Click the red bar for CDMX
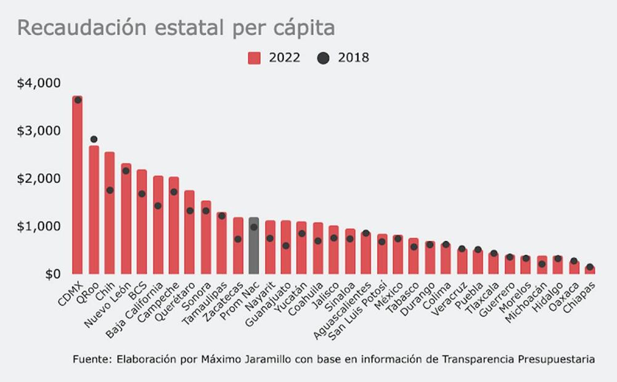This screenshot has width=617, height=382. point(77,185)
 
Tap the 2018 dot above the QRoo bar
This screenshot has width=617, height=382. point(94,139)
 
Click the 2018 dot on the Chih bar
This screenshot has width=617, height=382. point(110,190)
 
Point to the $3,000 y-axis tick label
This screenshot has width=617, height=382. point(38,131)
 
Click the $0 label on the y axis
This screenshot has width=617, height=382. point(52,274)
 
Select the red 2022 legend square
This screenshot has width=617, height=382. point(255,58)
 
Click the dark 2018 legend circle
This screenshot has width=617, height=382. point(323,58)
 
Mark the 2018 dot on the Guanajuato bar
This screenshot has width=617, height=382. point(285,246)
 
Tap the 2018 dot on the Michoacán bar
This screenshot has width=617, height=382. point(542,264)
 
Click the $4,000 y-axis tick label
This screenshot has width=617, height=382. point(38,83)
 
